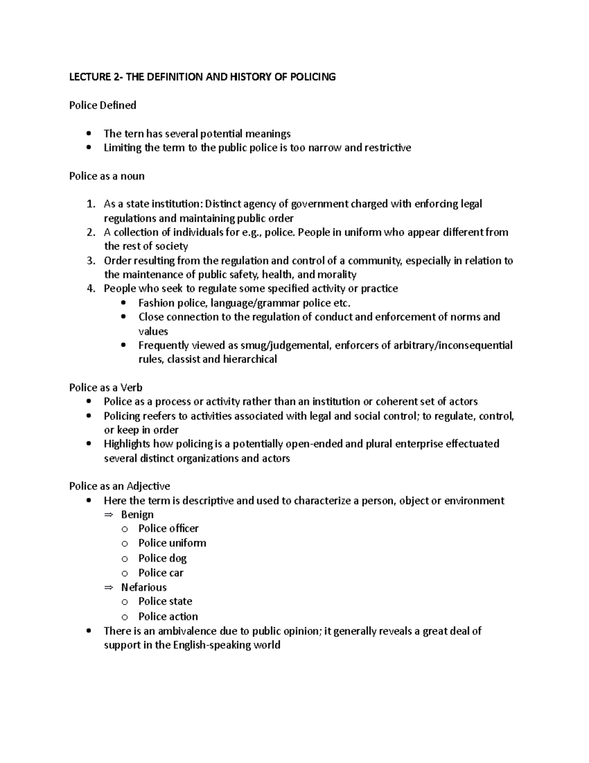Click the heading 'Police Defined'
[x=103, y=105]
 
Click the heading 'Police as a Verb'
[x=106, y=388]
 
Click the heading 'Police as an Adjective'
[x=120, y=486]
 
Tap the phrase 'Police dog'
[x=162, y=558]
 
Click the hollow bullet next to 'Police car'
[x=125, y=573]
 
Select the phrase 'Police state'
[x=165, y=601]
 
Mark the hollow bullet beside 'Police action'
[x=125, y=617]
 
